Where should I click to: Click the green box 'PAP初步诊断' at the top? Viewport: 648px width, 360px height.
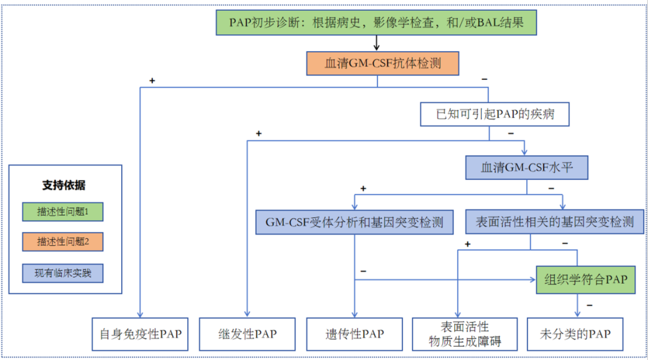click(x=376, y=22)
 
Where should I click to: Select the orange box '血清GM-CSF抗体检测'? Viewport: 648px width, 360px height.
click(x=383, y=63)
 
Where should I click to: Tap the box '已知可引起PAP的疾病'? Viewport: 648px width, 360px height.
click(x=494, y=114)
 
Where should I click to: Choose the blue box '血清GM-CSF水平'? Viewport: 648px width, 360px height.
click(x=527, y=167)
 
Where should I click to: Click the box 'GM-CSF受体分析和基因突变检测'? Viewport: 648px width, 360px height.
click(x=354, y=223)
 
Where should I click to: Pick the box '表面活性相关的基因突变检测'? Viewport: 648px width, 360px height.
click(x=554, y=222)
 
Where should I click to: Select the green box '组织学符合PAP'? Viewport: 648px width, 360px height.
click(x=586, y=280)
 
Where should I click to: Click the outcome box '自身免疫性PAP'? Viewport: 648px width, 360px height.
click(x=140, y=334)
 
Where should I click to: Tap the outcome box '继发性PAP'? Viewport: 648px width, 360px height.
click(x=247, y=334)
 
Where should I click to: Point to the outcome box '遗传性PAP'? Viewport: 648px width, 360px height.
click(x=354, y=334)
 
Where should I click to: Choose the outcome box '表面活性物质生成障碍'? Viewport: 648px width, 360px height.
click(x=465, y=334)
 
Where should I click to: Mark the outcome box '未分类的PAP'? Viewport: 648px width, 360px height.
click(x=575, y=334)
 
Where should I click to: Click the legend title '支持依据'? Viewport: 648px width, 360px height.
click(x=64, y=185)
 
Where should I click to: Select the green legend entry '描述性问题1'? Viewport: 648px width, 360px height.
click(x=63, y=212)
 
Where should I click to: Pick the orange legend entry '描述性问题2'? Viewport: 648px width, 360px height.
click(x=63, y=242)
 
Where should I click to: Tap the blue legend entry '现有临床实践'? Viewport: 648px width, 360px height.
click(x=63, y=273)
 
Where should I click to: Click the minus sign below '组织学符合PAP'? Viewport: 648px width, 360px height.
click(x=590, y=305)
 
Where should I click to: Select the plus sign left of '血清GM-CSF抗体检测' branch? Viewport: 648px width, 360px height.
click(x=152, y=80)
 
